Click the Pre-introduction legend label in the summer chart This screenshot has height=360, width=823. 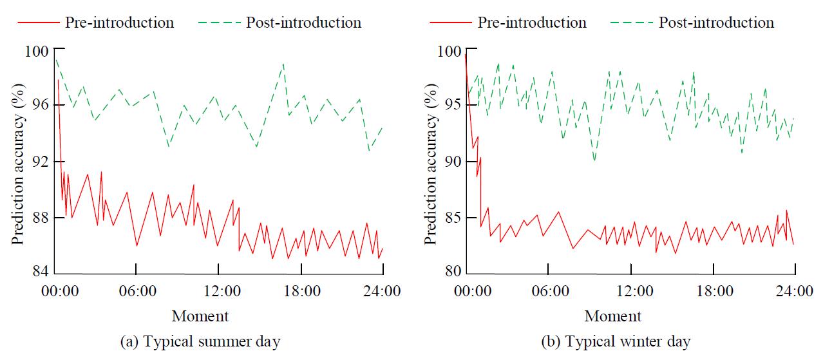119,23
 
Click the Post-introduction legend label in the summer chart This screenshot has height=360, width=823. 303,23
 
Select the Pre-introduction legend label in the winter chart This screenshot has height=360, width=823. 532,23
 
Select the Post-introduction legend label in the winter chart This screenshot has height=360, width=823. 716,23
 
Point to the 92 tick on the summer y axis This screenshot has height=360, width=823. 39,161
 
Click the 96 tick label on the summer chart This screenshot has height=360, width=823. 39,105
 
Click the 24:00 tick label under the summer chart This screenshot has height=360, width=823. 383,291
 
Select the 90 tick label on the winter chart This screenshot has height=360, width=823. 452,161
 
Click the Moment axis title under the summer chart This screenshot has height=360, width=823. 200,316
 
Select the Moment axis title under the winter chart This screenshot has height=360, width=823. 613,316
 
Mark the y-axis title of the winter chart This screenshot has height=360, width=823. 430,161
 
